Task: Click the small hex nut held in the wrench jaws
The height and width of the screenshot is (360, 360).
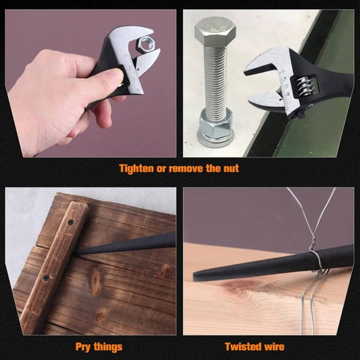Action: pos(146,44)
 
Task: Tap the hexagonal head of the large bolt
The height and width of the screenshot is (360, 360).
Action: pos(215,31)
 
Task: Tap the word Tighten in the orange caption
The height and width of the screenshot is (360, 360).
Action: pos(136,169)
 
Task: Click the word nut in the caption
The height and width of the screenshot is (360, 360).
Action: pos(230,169)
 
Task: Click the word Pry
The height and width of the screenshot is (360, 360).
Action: pos(82,347)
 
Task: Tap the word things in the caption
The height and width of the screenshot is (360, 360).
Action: pos(108,347)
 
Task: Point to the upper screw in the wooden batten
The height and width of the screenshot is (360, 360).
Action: pos(71,222)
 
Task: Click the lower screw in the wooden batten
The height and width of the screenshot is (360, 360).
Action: pos(46,277)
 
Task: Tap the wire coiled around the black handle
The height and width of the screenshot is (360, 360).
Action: pos(315,260)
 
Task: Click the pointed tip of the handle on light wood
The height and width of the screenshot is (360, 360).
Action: pos(195,277)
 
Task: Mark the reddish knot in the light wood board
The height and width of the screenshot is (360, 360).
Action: pos(238,285)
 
